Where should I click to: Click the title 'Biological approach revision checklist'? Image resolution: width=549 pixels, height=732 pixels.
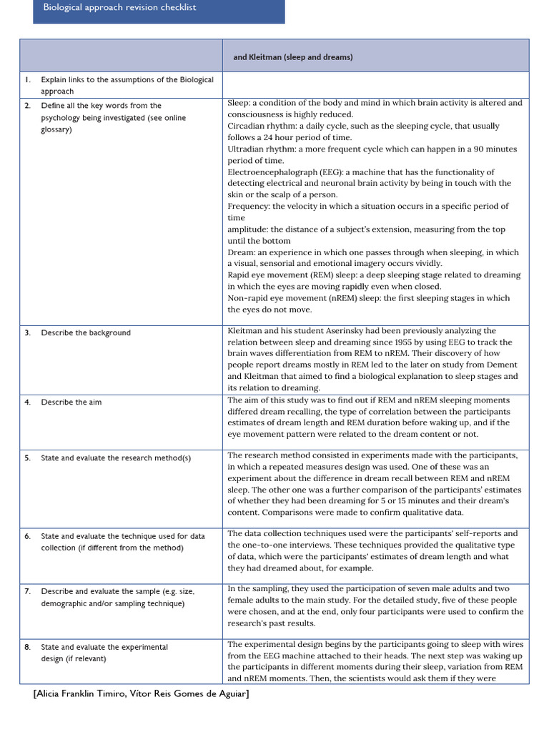click(119, 7)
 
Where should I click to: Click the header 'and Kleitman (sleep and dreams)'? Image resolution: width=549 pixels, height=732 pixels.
click(293, 57)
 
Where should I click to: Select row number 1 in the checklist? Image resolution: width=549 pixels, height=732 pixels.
click(27, 80)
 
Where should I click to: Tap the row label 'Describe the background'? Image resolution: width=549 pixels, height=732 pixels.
click(86, 333)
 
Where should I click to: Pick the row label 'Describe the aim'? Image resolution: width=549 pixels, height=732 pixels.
click(71, 402)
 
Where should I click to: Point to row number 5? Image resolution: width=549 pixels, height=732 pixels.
click(27, 458)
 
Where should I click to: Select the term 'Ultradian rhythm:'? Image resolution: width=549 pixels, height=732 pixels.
click(260, 149)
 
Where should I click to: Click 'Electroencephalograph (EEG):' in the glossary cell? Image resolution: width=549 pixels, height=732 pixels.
click(279, 172)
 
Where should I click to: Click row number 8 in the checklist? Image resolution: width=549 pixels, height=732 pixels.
click(27, 647)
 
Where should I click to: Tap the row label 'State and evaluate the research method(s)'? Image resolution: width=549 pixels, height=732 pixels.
click(116, 458)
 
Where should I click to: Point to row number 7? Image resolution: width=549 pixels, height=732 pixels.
click(27, 592)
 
